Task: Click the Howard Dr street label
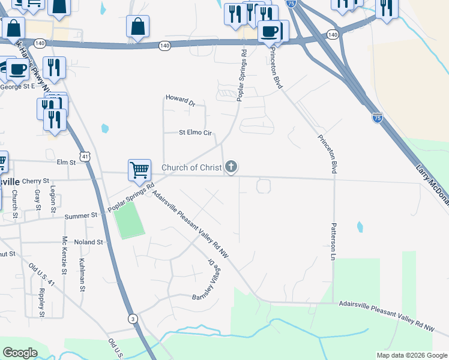pyautogui.click(x=181, y=100)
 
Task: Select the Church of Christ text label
pyautogui.click(x=192, y=167)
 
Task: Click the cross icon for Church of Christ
pyautogui.click(x=231, y=167)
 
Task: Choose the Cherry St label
pyautogui.click(x=37, y=180)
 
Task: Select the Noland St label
pyautogui.click(x=89, y=242)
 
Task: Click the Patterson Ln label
pyautogui.click(x=331, y=242)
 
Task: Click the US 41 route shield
pyautogui.click(x=86, y=157)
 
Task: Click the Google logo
pyautogui.click(x=20, y=353)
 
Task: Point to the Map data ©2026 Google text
pyautogui.click(x=411, y=355)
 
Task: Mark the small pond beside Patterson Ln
pyautogui.click(x=360, y=227)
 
